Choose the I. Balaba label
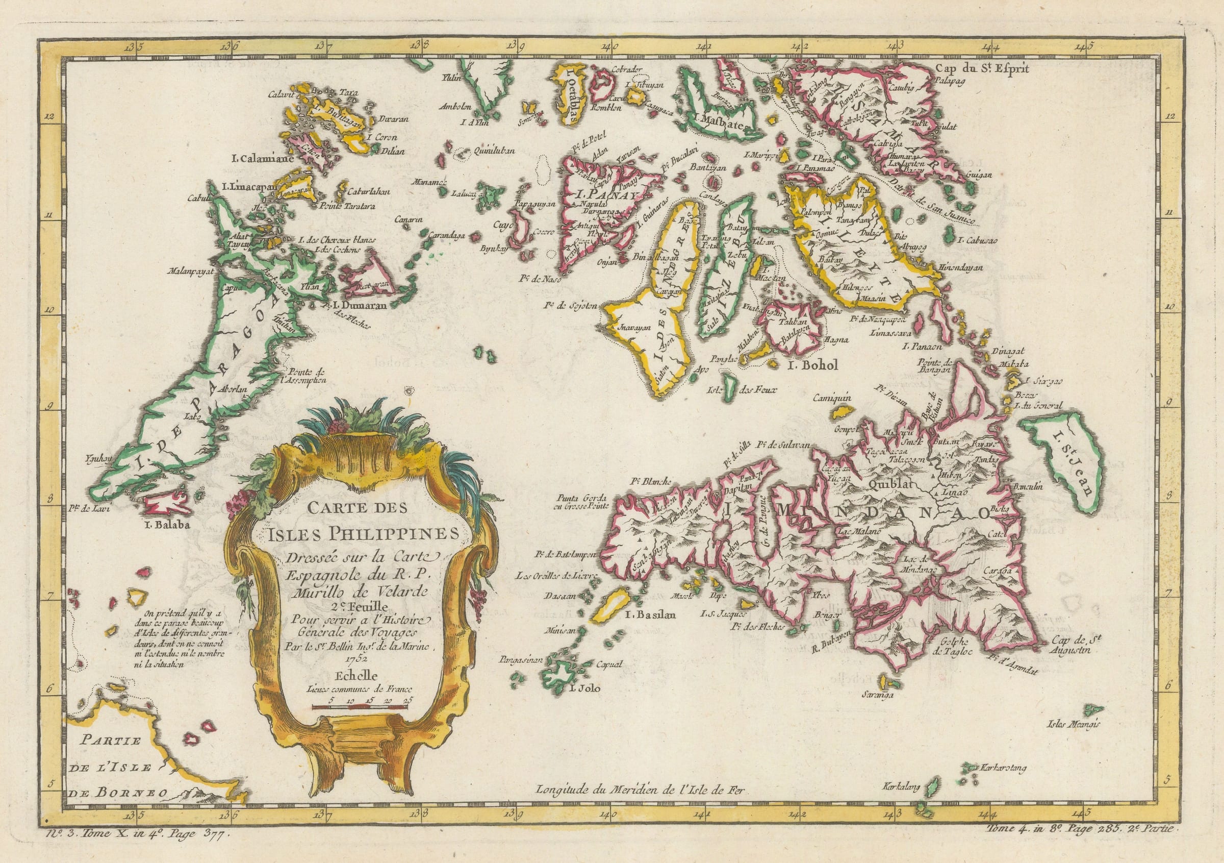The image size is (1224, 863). [167, 524]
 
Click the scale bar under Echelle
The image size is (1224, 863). [362, 706]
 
